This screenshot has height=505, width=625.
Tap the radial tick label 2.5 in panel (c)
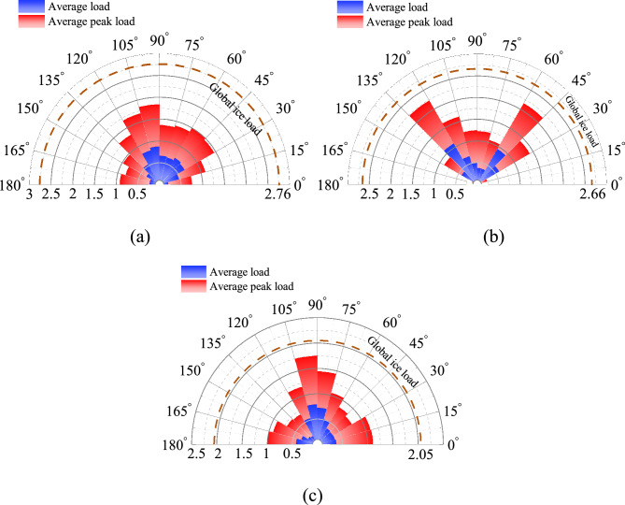pyautogui.click(x=198, y=454)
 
